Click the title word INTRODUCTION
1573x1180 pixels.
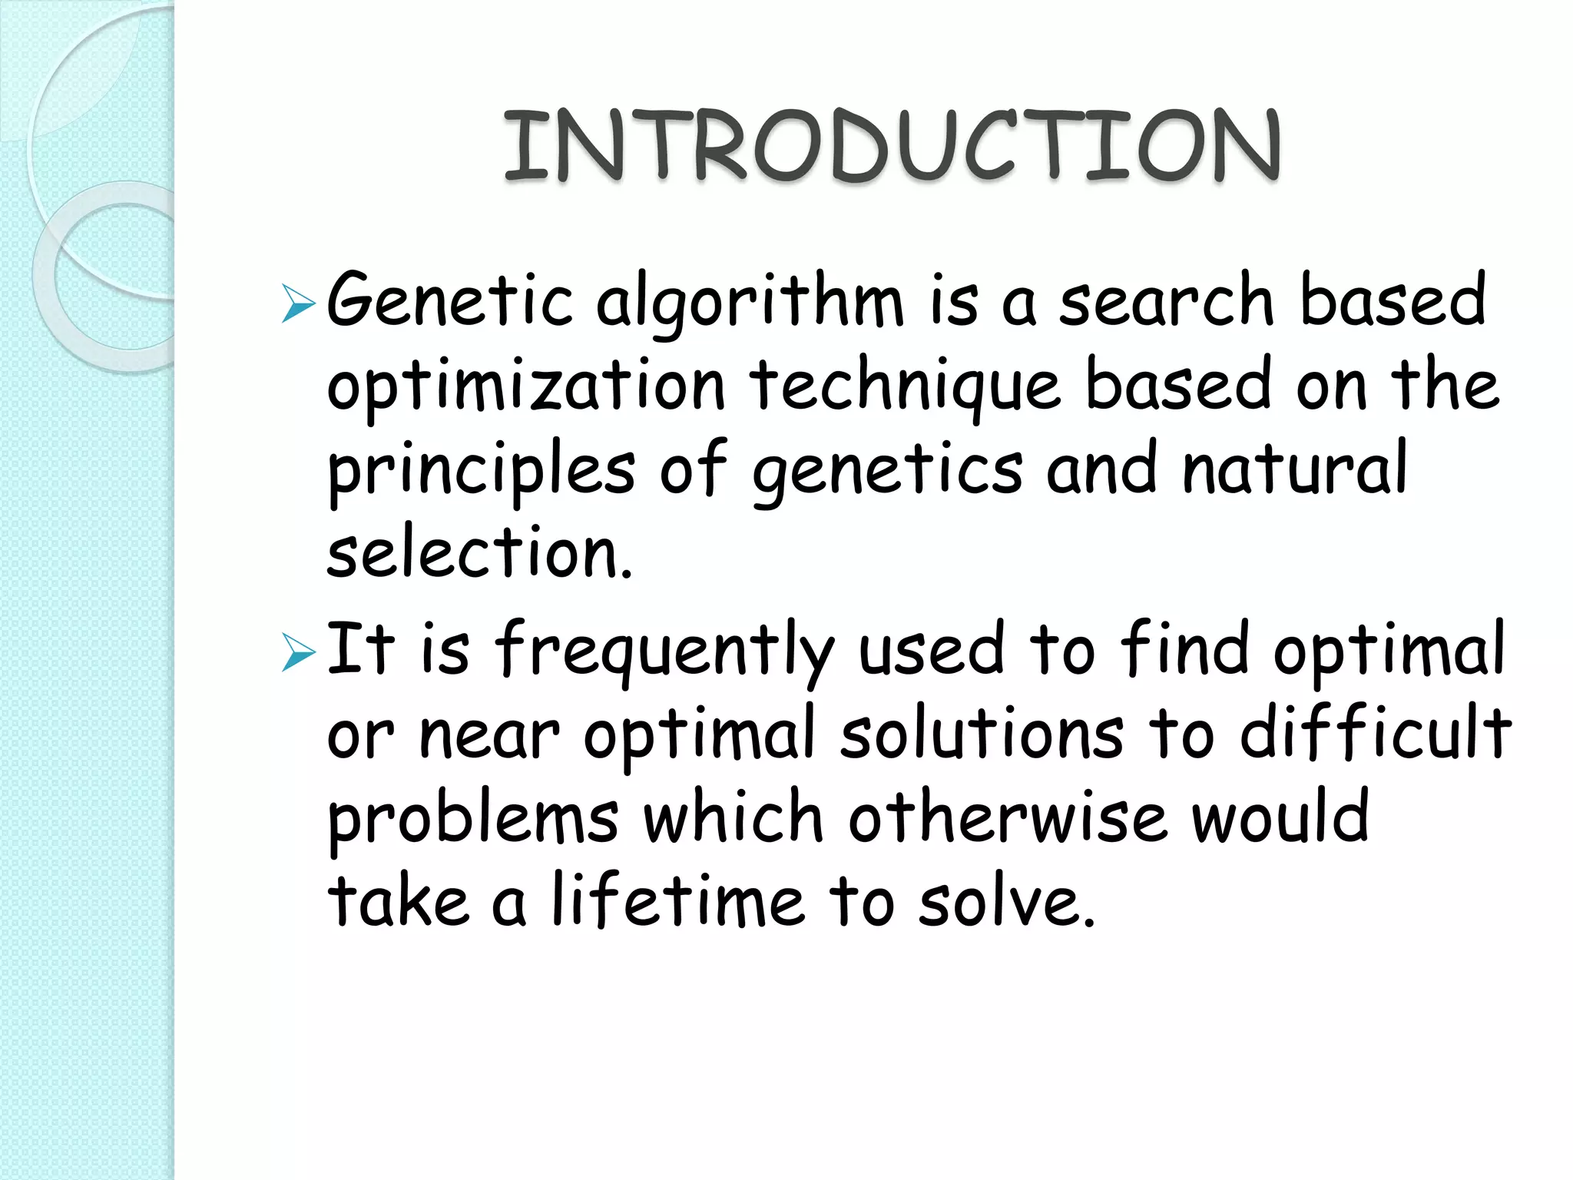[x=891, y=146]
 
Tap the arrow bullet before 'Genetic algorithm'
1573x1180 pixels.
[x=298, y=303]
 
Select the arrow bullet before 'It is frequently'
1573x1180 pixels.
[x=298, y=652]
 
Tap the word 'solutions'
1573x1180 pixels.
[x=982, y=734]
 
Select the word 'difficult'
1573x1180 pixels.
[x=1375, y=734]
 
